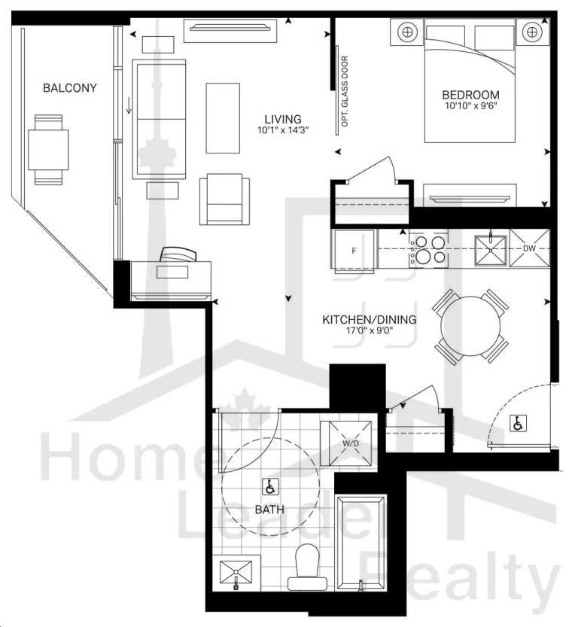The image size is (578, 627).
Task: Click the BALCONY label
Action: (x=70, y=88)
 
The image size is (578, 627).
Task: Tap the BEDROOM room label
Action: (x=470, y=95)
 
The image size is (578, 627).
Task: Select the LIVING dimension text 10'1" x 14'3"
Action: (x=283, y=130)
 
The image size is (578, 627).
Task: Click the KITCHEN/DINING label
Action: (x=370, y=320)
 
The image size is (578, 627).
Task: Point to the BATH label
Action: (x=269, y=510)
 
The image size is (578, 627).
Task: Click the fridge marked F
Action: (x=354, y=251)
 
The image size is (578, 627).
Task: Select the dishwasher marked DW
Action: (x=529, y=248)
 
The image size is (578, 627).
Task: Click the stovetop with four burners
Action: (x=427, y=249)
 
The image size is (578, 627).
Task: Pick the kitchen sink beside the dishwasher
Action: (x=491, y=251)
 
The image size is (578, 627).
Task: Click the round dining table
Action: (x=470, y=327)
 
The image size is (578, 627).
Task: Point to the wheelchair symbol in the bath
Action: (x=270, y=487)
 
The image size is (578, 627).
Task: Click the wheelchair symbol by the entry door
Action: (x=519, y=424)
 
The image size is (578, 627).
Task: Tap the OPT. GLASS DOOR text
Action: (x=345, y=91)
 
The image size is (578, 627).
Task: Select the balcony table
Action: (x=48, y=150)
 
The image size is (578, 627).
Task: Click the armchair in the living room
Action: (x=224, y=199)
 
